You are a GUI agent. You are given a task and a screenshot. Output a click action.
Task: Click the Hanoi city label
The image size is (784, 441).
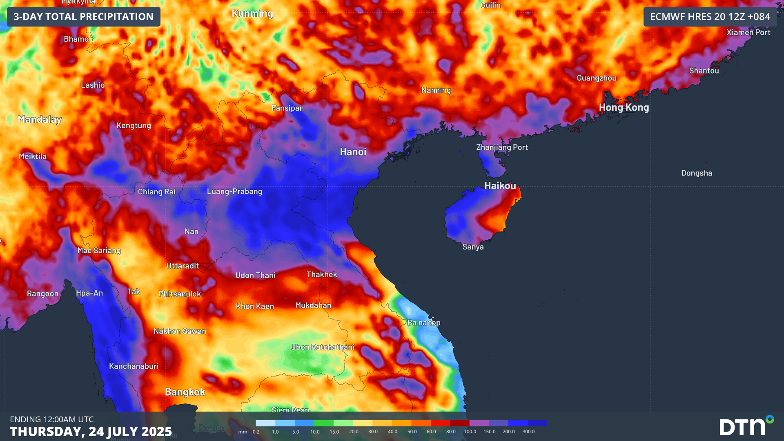click(353, 152)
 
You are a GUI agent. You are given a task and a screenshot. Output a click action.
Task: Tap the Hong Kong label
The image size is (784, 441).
click(624, 107)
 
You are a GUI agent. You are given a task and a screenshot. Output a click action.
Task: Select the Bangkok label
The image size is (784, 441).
click(185, 392)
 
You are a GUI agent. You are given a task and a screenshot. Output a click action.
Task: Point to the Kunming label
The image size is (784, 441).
click(252, 13)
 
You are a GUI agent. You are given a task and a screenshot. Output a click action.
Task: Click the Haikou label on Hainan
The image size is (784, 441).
click(500, 186)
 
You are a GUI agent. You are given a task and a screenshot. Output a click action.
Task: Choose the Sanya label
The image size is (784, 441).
click(473, 247)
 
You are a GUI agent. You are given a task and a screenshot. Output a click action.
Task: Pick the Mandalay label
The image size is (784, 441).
click(40, 119)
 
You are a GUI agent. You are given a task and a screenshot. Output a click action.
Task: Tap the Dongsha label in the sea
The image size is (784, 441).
click(697, 173)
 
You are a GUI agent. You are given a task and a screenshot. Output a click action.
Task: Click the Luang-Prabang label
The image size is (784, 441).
click(234, 191)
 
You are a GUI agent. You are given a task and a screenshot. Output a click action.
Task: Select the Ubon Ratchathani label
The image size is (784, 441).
click(323, 347)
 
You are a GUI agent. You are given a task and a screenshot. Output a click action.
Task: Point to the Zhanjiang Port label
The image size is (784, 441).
click(502, 147)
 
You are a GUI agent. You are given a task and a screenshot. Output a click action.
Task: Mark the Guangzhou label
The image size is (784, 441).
click(597, 78)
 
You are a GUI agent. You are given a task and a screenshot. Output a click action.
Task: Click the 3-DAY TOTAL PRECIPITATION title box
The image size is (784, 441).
click(84, 17)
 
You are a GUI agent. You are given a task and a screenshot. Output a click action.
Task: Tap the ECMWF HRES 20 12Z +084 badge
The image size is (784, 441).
click(710, 17)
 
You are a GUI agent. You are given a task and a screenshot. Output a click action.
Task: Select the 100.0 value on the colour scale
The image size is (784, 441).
click(470, 432)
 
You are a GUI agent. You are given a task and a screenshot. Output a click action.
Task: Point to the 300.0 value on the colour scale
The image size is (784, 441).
click(528, 432)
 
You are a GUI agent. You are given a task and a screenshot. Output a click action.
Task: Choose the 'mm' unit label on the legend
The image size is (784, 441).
click(243, 432)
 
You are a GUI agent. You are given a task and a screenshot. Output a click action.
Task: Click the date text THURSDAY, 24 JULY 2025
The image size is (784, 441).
click(91, 431)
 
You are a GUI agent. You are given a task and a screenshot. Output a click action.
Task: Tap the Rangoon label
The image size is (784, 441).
click(42, 294)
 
